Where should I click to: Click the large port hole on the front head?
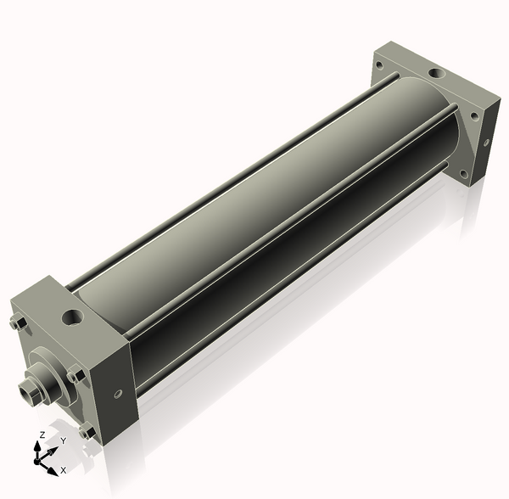tap(72, 317)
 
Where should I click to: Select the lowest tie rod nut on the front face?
tap(87, 432)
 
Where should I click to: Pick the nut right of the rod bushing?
tap(76, 374)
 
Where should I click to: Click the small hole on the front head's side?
tap(118, 394)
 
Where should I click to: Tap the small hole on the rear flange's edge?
tap(486, 143)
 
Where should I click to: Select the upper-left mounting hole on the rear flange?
tap(379, 65)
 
